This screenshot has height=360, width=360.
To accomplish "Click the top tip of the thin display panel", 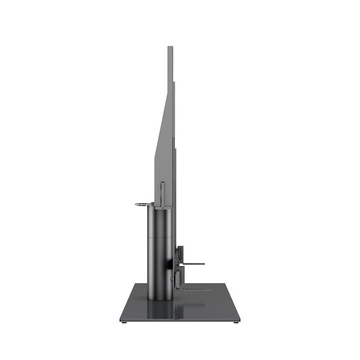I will click(x=170, y=47).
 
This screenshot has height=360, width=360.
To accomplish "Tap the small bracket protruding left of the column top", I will click(x=142, y=204).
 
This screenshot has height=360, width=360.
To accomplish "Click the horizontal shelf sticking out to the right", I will click(x=194, y=264).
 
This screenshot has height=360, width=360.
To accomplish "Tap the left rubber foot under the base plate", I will click(x=124, y=322).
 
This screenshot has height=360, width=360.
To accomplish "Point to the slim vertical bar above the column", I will click(x=163, y=194).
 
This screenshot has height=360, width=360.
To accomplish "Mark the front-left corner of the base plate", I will click(x=120, y=320).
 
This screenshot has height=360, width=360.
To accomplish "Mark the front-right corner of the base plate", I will click(x=240, y=320).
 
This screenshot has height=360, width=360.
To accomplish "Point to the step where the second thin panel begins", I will click(x=174, y=83).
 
